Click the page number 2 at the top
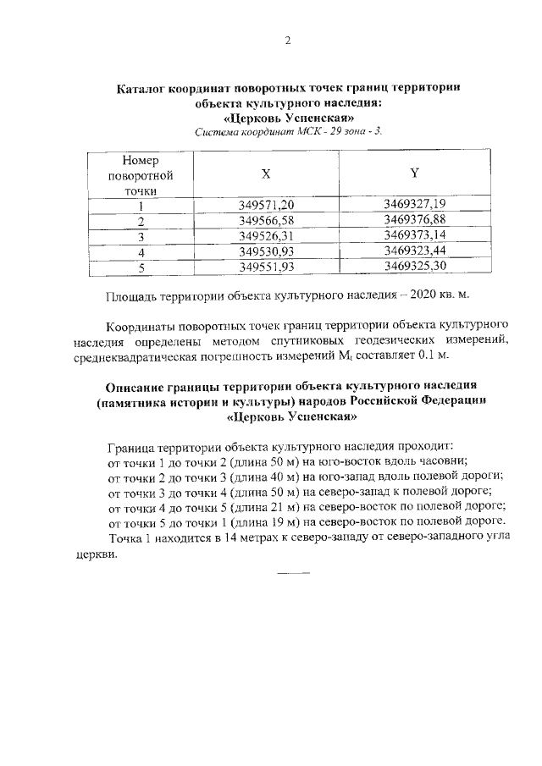click(287, 41)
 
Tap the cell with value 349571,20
click(266, 205)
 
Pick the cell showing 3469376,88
click(414, 220)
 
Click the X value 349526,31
click(266, 236)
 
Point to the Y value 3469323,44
click(414, 251)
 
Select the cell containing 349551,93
click(266, 267)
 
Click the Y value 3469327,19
click(414, 204)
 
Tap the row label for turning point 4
click(142, 252)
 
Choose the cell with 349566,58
click(266, 221)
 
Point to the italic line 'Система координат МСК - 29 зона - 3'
click(288, 131)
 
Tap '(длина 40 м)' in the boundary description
click(260, 476)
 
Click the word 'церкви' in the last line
click(93, 554)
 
